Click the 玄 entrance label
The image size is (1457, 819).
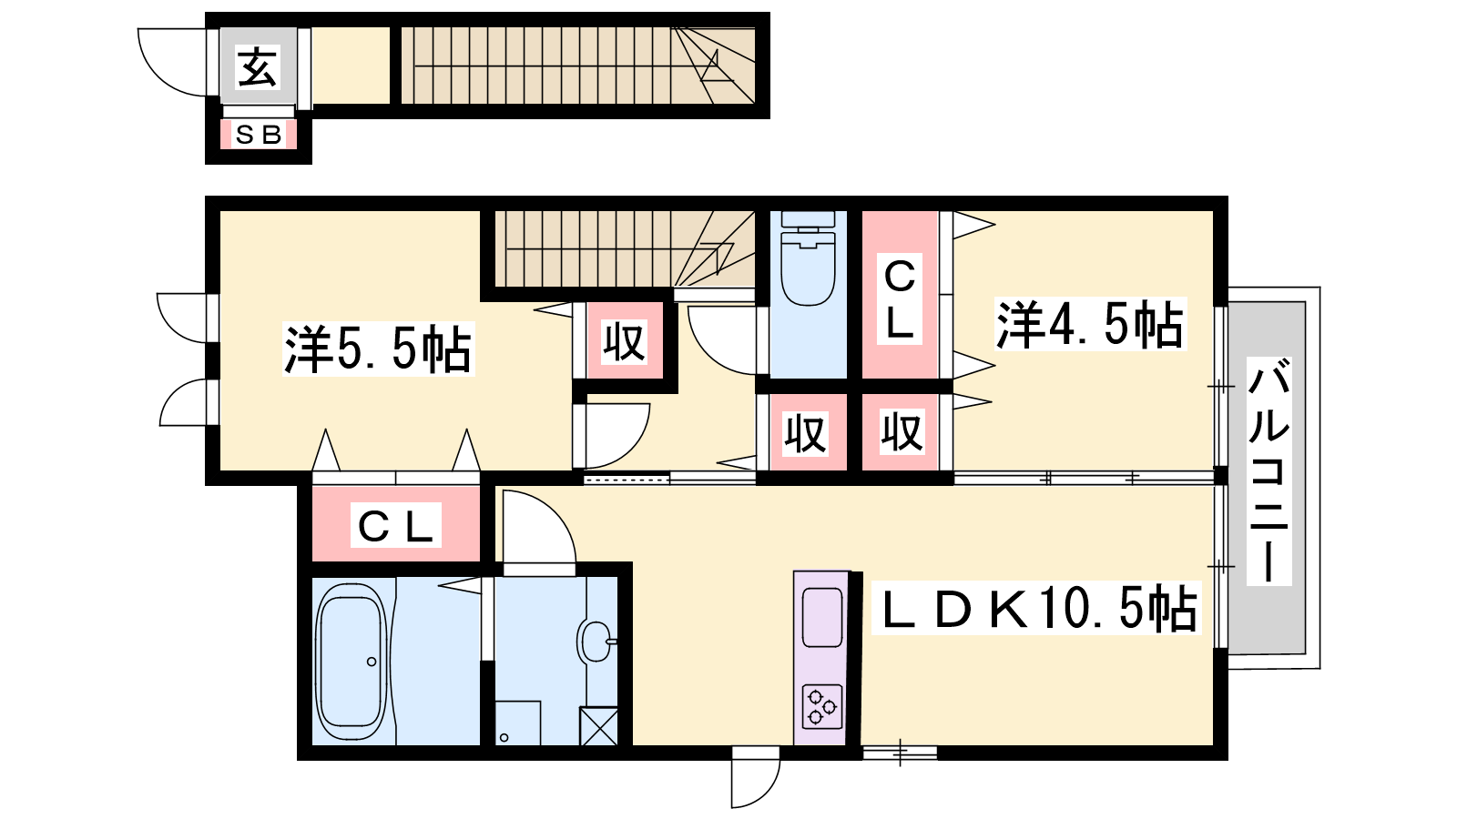click(258, 66)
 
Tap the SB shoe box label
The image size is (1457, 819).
click(259, 135)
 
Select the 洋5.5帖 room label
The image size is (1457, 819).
click(378, 349)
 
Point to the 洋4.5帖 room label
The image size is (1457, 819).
click(1090, 324)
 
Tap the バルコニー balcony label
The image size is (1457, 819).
click(1269, 470)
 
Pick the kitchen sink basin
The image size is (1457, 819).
click(822, 617)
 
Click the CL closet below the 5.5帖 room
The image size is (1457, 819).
click(395, 523)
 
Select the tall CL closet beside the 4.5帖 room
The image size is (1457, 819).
click(900, 295)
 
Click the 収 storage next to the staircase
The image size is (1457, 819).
click(625, 340)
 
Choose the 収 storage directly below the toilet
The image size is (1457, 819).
click(808, 431)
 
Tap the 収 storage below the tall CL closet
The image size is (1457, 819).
click(901, 431)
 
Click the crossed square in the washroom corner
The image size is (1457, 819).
click(598, 726)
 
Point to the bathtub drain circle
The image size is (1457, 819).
click(372, 662)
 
